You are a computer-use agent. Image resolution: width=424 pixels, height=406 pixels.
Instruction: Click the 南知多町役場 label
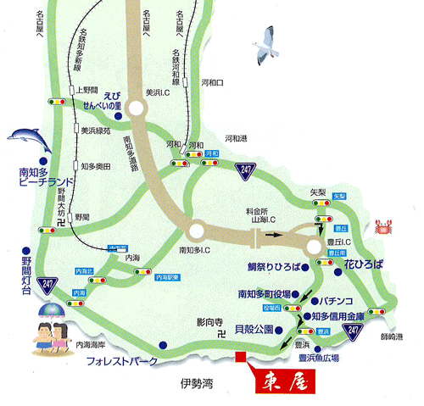(265, 293)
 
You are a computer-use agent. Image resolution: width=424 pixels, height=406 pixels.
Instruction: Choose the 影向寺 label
(209, 322)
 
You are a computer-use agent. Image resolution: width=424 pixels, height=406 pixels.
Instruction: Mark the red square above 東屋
(240, 357)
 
